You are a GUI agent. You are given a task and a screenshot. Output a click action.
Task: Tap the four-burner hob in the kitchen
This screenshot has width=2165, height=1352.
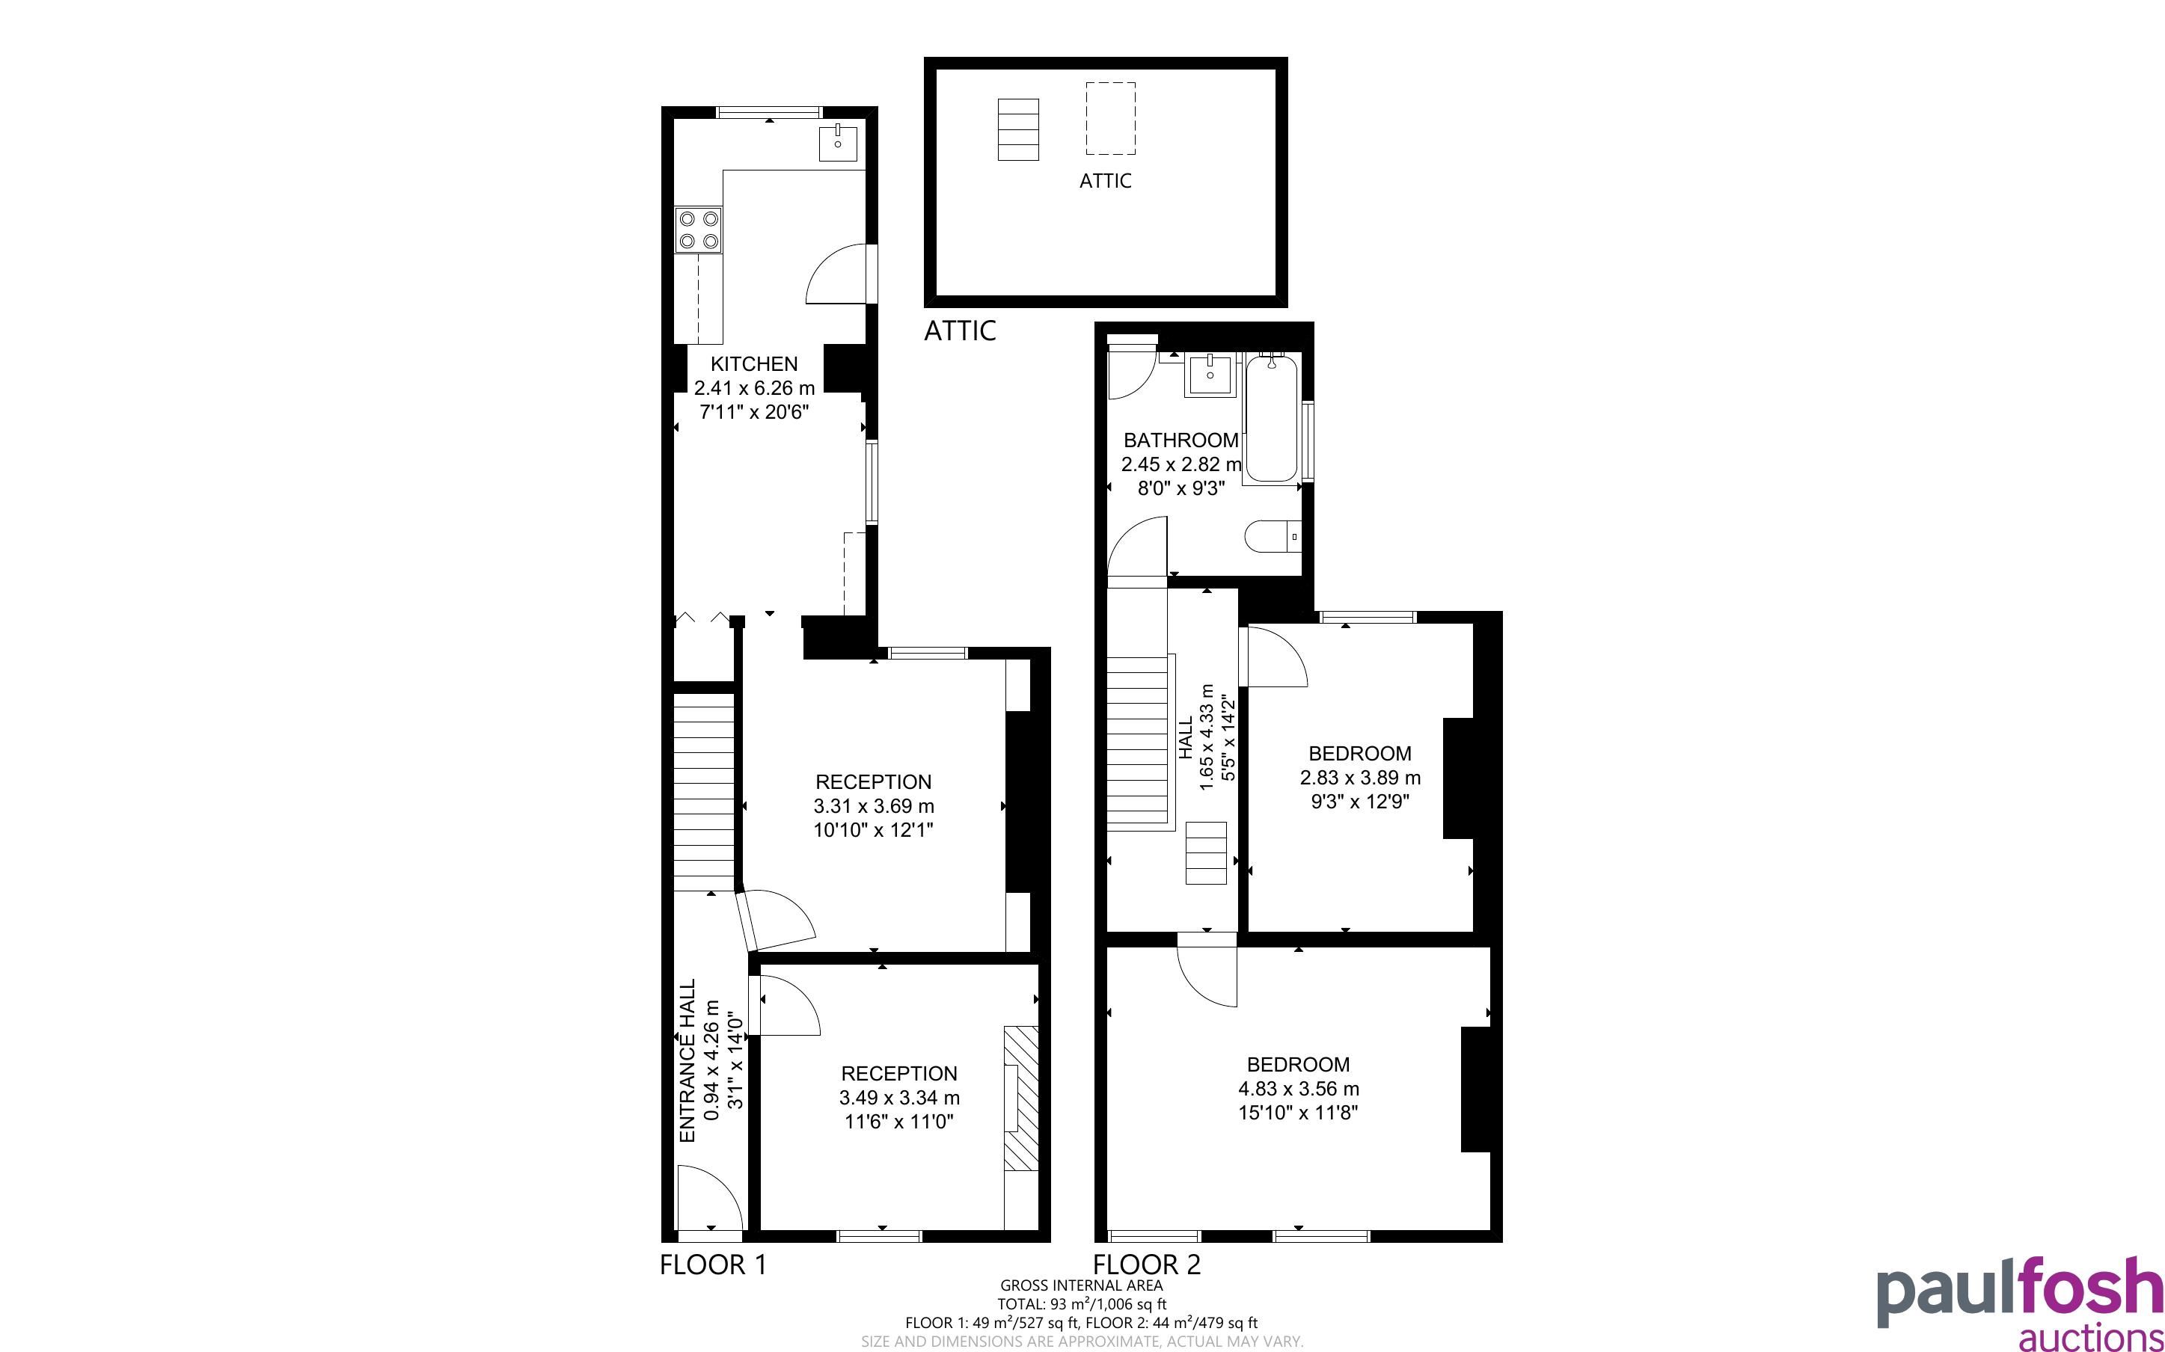(699, 230)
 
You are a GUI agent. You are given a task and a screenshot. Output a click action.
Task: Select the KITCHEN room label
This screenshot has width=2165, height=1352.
(754, 364)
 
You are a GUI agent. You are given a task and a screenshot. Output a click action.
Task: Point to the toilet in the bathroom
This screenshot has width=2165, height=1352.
(1273, 536)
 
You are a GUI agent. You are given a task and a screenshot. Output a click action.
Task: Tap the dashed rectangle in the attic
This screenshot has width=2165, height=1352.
(1111, 118)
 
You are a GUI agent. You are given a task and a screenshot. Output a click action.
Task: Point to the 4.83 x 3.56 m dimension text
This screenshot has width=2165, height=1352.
(1299, 1089)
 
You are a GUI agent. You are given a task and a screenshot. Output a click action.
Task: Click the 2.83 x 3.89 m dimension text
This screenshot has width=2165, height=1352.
(1360, 778)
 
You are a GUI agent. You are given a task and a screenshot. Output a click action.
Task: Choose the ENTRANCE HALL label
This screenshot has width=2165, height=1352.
(688, 1060)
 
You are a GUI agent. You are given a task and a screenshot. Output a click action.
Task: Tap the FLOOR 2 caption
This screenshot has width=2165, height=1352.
(1148, 1265)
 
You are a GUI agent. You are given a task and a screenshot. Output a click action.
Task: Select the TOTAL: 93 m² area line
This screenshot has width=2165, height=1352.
(1082, 1303)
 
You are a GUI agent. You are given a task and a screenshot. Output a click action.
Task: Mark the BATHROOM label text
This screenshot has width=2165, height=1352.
(1181, 440)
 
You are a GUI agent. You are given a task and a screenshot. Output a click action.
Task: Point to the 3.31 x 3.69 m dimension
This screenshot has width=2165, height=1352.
(874, 805)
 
